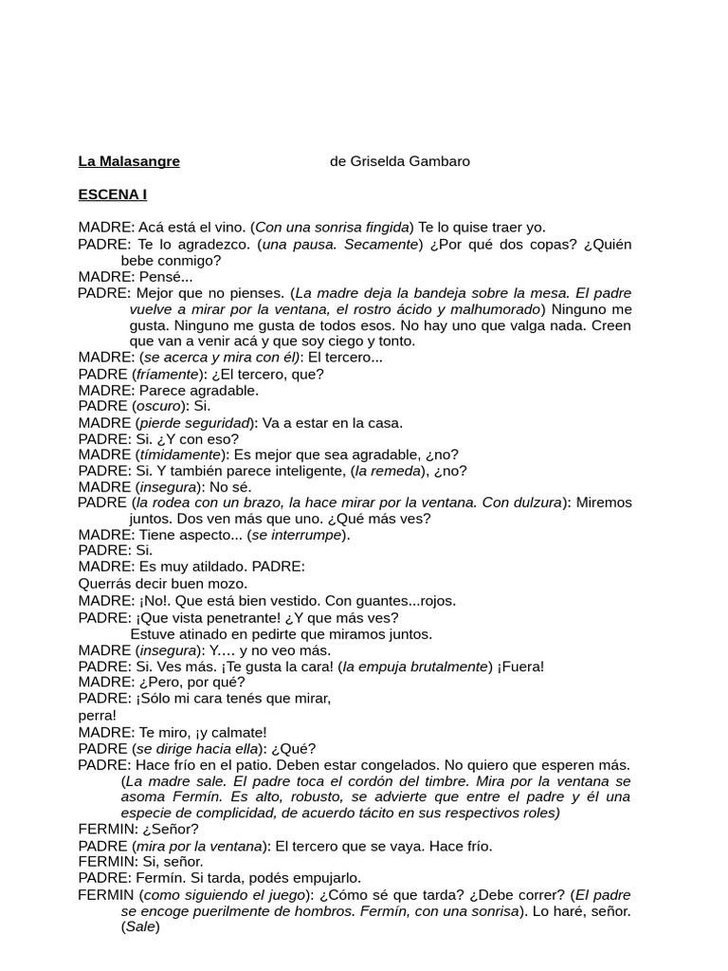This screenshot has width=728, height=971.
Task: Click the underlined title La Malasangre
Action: (129, 161)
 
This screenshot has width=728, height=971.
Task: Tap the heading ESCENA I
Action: (112, 195)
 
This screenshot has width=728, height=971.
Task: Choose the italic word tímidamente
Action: (178, 454)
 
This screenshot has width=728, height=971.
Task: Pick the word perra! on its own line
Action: (98, 715)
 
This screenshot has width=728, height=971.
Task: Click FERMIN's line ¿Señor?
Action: (171, 829)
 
